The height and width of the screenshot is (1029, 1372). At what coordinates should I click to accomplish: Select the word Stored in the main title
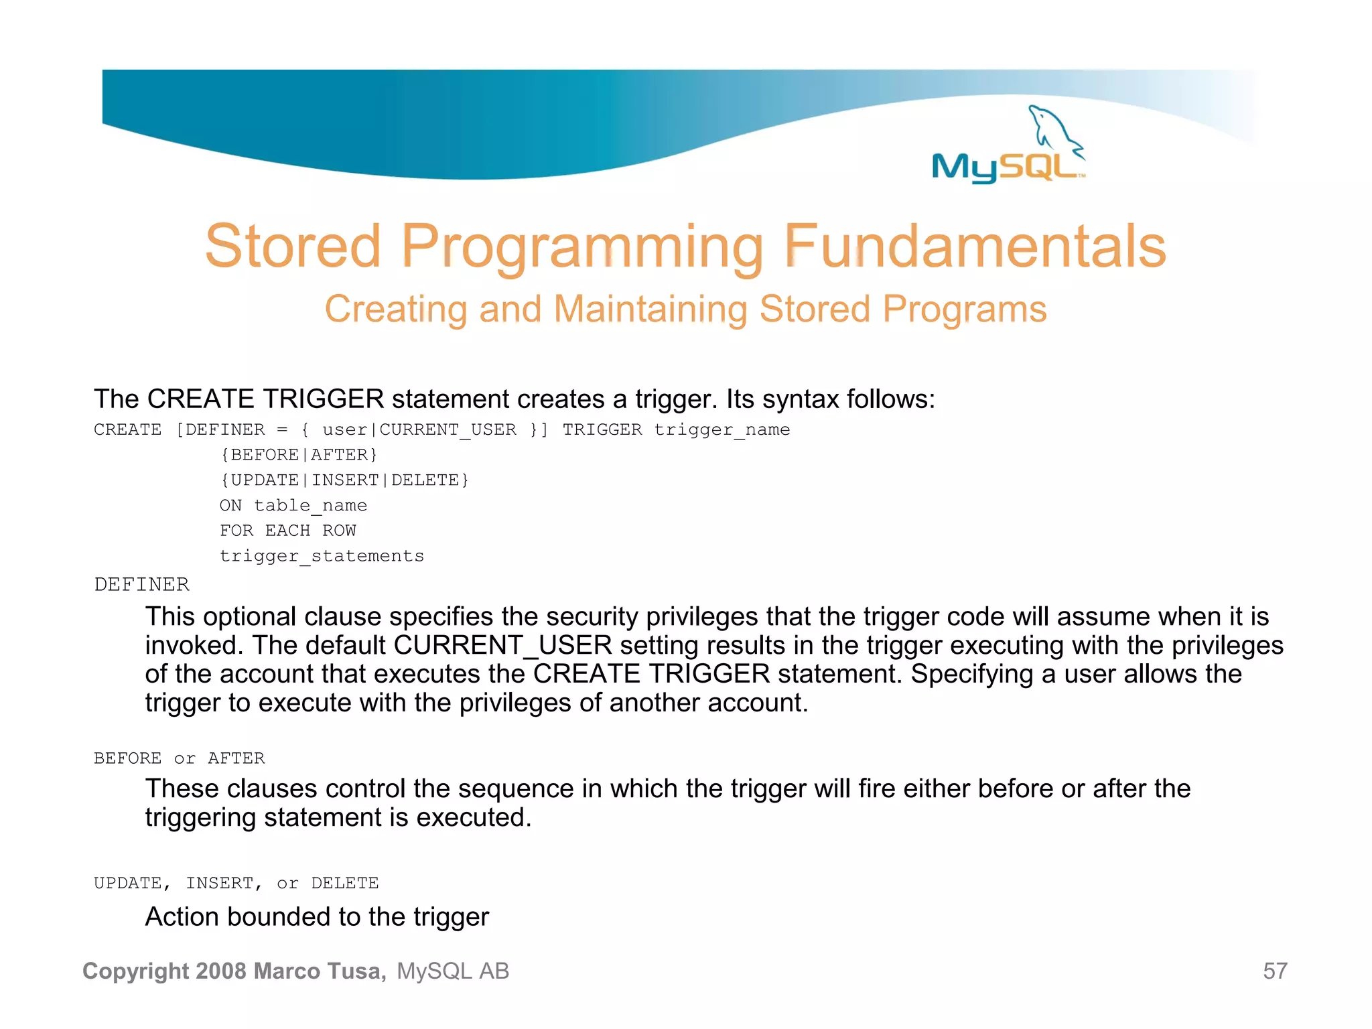tap(293, 247)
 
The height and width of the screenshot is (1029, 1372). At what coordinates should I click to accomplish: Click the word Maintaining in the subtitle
tap(649, 310)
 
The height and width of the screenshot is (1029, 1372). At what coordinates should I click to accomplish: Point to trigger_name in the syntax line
tap(722, 430)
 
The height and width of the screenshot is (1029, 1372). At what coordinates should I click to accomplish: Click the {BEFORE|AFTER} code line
tap(299, 456)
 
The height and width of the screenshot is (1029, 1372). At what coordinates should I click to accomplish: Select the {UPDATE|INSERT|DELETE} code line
tap(344, 481)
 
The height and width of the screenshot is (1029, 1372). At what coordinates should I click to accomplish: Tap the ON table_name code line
tap(293, 506)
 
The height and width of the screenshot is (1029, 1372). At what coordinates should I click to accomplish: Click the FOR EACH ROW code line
tap(288, 531)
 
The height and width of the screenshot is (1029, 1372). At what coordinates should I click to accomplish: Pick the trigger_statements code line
tap(322, 557)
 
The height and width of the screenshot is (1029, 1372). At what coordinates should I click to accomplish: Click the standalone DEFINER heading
tap(141, 585)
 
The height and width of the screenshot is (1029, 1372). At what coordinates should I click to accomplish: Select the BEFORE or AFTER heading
tap(179, 758)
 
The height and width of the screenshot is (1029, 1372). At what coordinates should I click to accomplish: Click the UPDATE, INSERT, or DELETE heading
tap(236, 884)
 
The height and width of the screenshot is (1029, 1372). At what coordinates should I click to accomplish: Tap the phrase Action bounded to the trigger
tap(317, 917)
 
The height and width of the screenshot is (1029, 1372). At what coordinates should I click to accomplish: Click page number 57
tap(1275, 971)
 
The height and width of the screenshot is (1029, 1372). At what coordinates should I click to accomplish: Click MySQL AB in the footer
tap(453, 971)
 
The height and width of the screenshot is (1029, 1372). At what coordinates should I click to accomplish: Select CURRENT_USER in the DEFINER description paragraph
tap(502, 646)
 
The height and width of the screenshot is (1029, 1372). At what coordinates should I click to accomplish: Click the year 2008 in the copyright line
tap(222, 971)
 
